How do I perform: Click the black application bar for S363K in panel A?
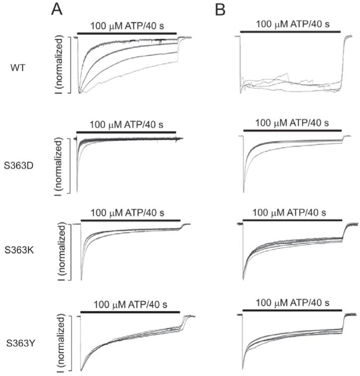tap(131, 219)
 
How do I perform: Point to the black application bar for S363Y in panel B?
tap(292, 311)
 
